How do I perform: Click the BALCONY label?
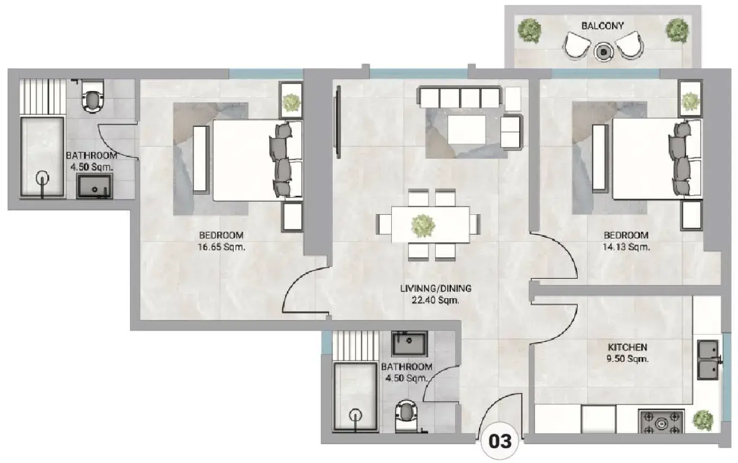(602, 25)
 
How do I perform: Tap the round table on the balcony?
(604, 52)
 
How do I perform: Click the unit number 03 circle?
(500, 441)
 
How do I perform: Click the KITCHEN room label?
(627, 347)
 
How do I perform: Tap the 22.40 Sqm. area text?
(436, 300)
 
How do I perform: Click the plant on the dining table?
(423, 226)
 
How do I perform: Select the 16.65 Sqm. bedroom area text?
(222, 247)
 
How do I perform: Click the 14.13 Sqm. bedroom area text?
(626, 247)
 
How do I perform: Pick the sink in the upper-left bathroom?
(95, 187)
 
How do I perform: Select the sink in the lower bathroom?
(409, 344)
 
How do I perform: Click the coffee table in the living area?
(467, 129)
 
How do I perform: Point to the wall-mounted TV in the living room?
(337, 122)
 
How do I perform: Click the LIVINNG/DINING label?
(436, 288)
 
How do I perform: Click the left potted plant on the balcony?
(529, 30)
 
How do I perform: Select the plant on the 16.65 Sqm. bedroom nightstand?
(291, 102)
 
